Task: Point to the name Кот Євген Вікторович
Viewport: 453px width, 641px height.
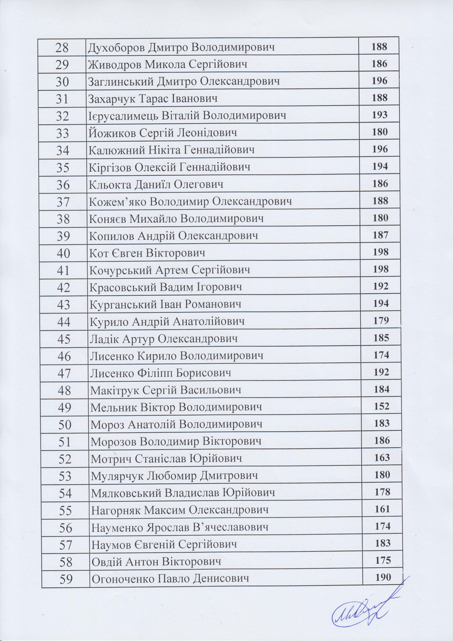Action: click(x=147, y=253)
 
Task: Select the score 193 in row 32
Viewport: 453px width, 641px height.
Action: click(x=380, y=115)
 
